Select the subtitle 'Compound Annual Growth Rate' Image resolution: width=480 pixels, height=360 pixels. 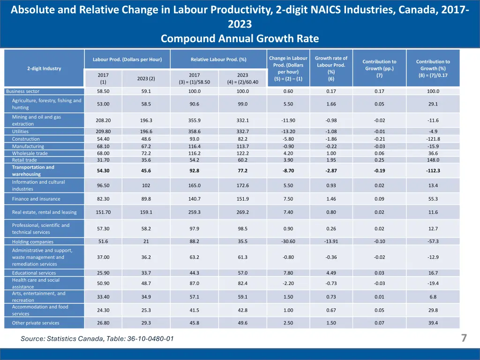point(240,38)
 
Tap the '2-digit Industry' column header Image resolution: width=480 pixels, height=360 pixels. point(44,68)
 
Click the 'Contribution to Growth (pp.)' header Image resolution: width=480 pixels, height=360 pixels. point(380,68)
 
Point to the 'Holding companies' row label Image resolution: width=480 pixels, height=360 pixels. point(33,242)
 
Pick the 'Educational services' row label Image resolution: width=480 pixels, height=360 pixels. point(34,273)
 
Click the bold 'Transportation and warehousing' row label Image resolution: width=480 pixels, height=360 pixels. point(33,171)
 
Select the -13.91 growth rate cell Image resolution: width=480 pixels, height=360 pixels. point(331,241)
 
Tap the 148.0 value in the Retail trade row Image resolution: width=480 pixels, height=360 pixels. point(433,160)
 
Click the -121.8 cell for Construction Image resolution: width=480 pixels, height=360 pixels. point(433,139)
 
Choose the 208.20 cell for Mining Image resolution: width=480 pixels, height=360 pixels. point(103,120)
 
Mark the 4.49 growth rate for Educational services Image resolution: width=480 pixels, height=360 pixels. point(331,273)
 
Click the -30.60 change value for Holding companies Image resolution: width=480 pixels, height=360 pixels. point(288,241)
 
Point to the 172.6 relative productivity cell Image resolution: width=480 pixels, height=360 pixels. point(242,186)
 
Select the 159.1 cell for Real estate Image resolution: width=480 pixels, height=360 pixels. point(146,212)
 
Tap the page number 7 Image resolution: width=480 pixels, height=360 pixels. point(464,338)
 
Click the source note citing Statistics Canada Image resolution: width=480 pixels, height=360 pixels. point(97,339)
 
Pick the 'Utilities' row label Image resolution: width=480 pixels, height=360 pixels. point(20,132)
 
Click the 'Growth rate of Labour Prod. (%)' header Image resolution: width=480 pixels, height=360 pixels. point(331,68)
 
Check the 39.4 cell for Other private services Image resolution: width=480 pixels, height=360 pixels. point(433,323)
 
